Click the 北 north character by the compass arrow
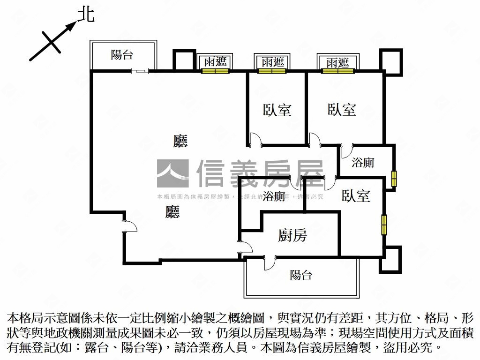click(86, 15)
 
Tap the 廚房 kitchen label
click(292, 235)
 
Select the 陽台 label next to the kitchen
click(300, 275)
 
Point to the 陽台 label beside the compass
click(122, 55)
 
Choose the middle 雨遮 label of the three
click(272, 62)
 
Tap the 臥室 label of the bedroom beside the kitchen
click(356, 195)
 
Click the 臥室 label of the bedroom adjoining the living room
click(277, 110)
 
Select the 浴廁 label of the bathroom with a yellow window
click(363, 163)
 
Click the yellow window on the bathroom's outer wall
click(394, 179)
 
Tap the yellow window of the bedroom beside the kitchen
click(384, 225)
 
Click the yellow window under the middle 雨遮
click(272, 71)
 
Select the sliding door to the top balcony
click(140, 71)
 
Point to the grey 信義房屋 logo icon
click(172, 173)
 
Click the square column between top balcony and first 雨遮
click(184, 60)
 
